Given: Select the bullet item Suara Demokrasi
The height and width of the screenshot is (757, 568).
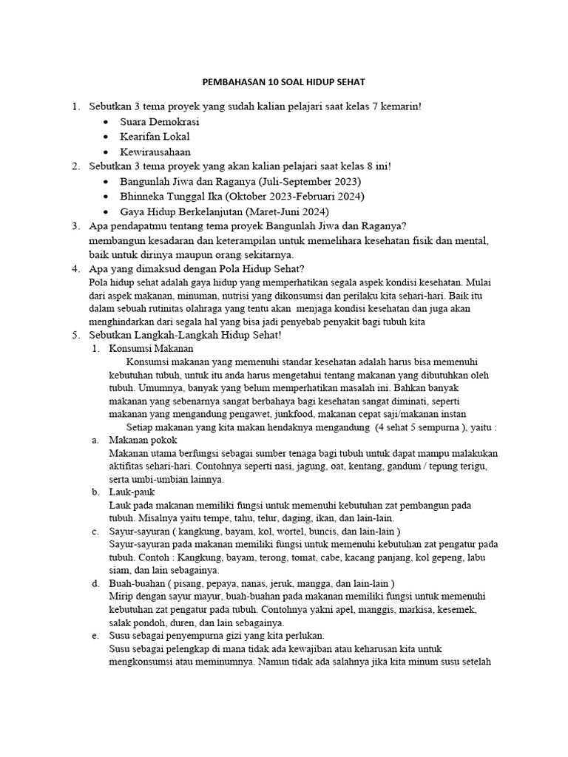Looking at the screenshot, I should coord(160,122).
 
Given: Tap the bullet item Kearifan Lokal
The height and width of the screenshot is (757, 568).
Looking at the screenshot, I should coord(155,137).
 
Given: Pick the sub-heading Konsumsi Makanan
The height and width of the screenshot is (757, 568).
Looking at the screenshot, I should coord(151,347).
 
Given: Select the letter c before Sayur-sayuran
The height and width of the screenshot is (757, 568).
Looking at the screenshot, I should coord(95,532).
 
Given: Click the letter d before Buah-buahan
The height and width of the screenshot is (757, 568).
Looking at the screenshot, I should coord(95,583).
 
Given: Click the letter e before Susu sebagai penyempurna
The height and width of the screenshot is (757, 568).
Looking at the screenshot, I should coord(95,636).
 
